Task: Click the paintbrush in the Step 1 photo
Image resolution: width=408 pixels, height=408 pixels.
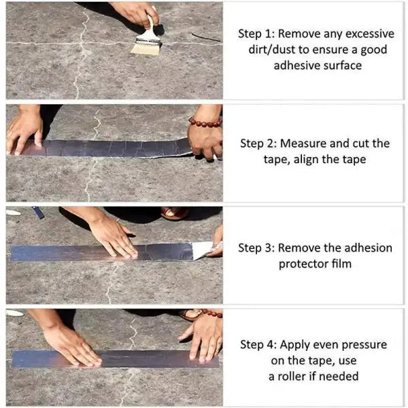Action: pos(147,41)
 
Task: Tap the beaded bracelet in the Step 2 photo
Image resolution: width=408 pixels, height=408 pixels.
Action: pos(205,122)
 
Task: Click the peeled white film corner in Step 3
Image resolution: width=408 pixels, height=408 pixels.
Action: pos(202,250)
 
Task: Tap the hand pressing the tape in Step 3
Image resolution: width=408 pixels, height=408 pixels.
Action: pos(112,235)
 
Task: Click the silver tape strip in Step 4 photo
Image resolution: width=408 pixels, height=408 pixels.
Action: pos(116,359)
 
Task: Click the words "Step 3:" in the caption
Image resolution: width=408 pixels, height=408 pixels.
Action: pos(258,248)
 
